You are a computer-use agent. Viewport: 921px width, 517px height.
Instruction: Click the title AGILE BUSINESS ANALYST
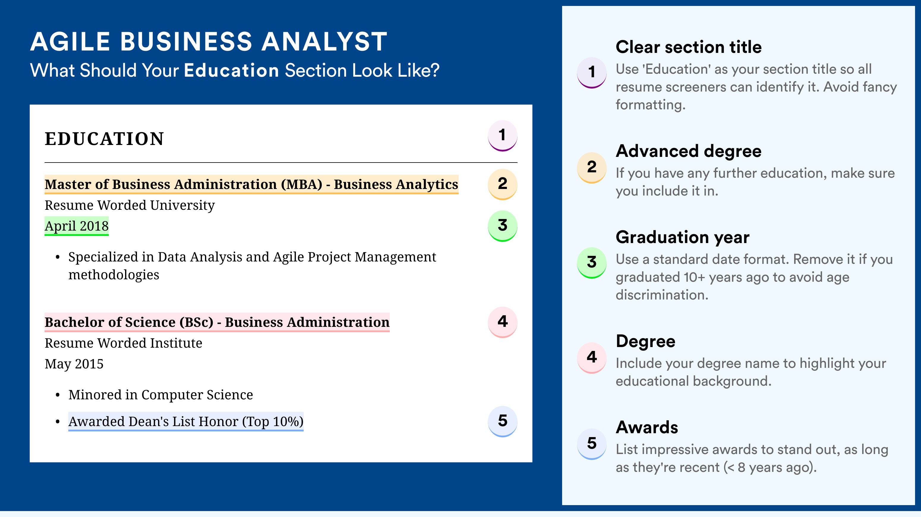point(209,42)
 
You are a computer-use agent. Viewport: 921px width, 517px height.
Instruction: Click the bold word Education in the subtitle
point(231,70)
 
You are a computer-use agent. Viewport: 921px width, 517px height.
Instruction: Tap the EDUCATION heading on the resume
point(104,139)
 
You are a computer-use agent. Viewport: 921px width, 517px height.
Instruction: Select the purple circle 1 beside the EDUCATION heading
point(502,136)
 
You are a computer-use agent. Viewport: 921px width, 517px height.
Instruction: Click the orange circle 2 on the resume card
point(502,184)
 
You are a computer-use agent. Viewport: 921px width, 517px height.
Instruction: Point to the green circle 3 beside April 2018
point(502,226)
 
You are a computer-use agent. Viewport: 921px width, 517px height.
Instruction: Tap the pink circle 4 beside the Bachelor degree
point(502,322)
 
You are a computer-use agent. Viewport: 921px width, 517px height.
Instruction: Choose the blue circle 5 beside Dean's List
point(502,422)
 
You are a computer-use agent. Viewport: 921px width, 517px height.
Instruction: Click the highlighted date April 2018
point(77,226)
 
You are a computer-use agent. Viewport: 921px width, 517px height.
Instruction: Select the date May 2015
point(74,364)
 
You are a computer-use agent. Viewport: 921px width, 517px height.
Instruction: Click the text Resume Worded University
point(130,205)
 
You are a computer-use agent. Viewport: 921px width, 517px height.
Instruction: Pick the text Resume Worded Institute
point(123,343)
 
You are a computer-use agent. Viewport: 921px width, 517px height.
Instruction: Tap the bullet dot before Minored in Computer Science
point(58,395)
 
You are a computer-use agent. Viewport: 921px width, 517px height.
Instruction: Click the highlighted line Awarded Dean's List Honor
point(186,422)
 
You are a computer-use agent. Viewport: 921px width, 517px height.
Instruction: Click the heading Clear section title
point(689,47)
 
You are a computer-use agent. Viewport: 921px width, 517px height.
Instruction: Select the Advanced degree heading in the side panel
point(689,151)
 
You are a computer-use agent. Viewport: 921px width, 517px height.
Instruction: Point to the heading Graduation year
point(682,237)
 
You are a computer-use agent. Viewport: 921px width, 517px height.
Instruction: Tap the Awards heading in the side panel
point(647,427)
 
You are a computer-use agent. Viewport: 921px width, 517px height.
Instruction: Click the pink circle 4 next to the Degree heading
point(592,357)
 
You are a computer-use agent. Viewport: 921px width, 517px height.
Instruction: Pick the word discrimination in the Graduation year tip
point(662,295)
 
